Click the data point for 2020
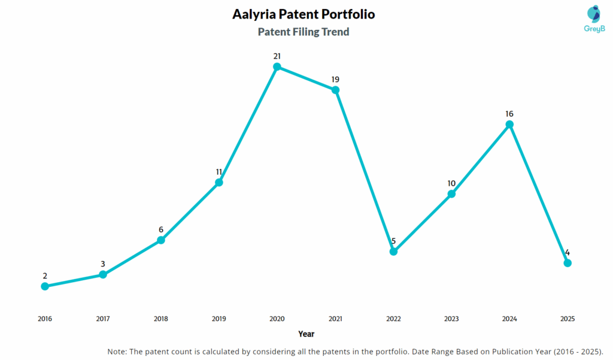[277, 66]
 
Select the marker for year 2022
[393, 252]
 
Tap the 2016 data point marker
[45, 286]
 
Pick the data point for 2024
[509, 125]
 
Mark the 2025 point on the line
[568, 263]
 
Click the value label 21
[277, 56]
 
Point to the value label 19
[335, 79]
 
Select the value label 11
[219, 172]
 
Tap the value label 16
[509, 114]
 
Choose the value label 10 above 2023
[451, 183]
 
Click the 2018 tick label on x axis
[161, 319]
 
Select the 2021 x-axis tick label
[335, 319]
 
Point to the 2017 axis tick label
[103, 319]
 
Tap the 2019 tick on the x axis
[219, 319]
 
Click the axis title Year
[306, 334]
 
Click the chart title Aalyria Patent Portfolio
[304, 14]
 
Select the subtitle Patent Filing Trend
[304, 32]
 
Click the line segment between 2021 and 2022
[365, 171]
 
